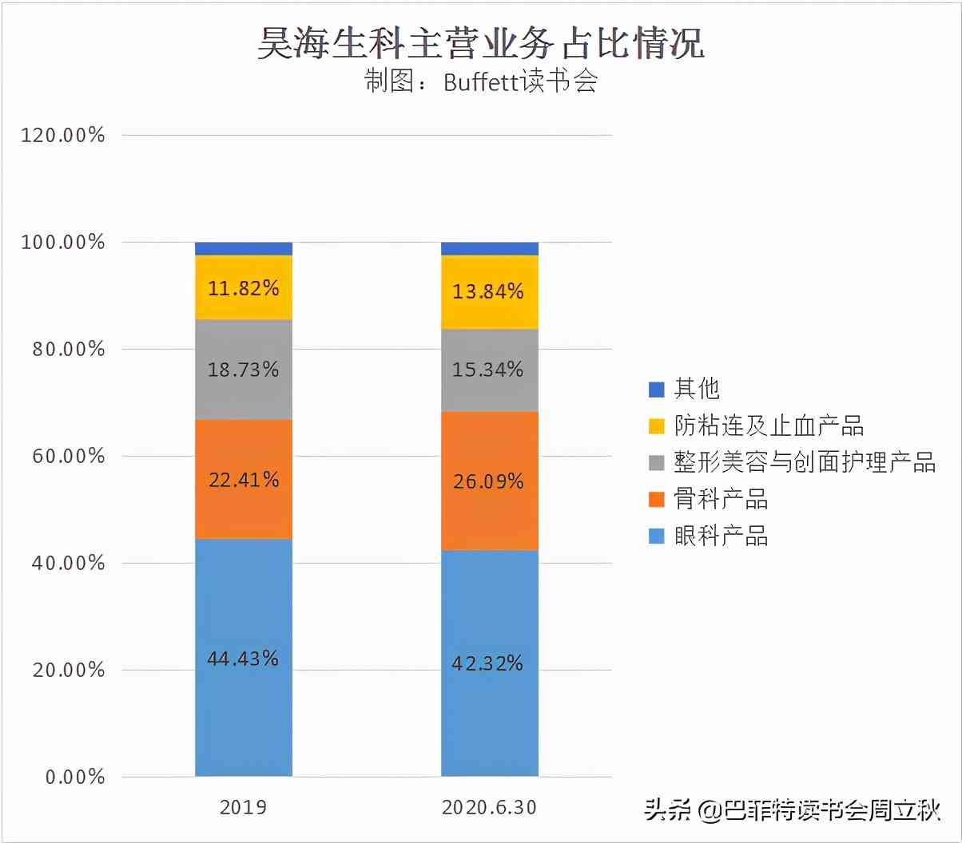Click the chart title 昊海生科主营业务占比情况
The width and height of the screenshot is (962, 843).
tap(480, 44)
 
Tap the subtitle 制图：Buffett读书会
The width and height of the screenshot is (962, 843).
tap(480, 81)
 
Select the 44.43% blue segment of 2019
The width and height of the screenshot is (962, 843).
tap(244, 657)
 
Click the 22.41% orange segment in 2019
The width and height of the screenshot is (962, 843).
tap(244, 479)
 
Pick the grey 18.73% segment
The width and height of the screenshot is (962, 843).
tap(244, 370)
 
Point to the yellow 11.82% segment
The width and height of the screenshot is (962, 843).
tap(244, 287)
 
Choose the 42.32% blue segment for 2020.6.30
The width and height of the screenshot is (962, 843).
tap(489, 663)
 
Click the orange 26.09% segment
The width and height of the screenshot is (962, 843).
tap(489, 481)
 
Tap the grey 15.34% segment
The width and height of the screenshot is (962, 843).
tap(489, 370)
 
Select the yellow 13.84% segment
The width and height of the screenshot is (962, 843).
tap(489, 291)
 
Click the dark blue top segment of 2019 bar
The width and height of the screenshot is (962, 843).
tap(244, 248)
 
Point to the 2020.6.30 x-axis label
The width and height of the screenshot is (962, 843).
tap(489, 807)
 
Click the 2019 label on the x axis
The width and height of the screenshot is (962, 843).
tap(244, 807)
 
